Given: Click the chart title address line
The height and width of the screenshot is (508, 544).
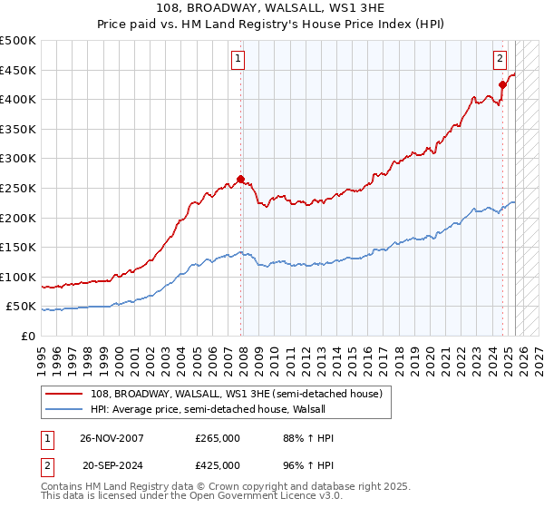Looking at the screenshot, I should (x=271, y=9).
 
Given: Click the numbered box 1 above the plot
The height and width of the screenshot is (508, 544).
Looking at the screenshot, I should (x=238, y=59).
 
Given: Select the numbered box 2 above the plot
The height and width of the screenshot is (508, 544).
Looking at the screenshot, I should (x=500, y=59).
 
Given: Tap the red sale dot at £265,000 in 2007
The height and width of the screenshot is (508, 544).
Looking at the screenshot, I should (x=240, y=179).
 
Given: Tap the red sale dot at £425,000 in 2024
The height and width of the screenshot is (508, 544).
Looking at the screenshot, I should (x=502, y=84).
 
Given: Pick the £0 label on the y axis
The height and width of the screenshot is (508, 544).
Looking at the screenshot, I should (x=29, y=336).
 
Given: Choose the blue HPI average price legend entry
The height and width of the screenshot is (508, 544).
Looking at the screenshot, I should (x=214, y=409).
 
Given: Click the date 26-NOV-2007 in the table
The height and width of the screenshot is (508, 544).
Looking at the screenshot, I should (x=112, y=438).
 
